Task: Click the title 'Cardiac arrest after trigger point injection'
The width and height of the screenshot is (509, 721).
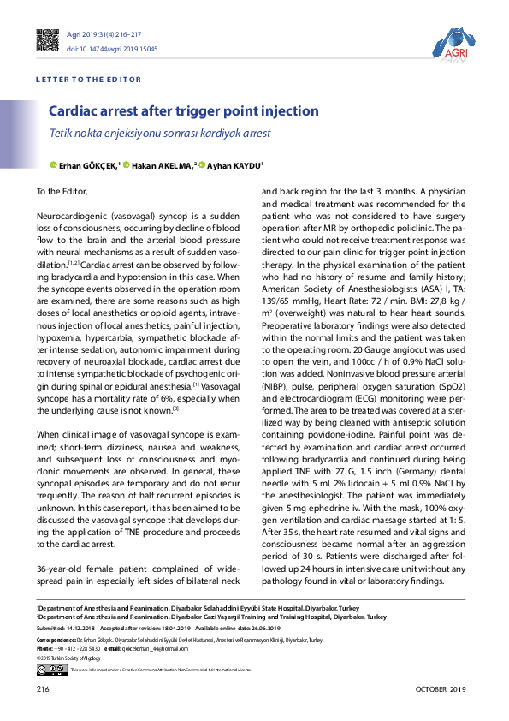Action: (183, 111)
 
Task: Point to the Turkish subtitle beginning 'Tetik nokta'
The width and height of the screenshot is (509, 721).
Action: (159, 134)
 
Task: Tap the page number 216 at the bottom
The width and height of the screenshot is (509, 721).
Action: (44, 689)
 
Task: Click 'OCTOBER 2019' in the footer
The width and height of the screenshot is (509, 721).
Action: (441, 689)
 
